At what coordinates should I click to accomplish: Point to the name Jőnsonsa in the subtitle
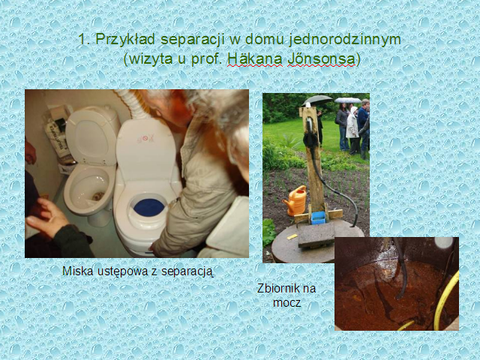(x=322, y=58)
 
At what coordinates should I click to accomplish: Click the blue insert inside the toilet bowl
(x=148, y=208)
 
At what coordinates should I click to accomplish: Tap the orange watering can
(x=295, y=200)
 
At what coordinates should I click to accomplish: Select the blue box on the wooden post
(x=318, y=217)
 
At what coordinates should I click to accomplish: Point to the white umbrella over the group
(x=348, y=100)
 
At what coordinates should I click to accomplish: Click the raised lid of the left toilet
(x=93, y=136)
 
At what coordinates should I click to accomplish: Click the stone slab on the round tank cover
(x=316, y=235)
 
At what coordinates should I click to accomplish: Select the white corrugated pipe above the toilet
(x=132, y=103)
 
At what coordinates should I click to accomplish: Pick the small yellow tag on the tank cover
(x=292, y=237)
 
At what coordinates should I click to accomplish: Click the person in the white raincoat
(x=352, y=128)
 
